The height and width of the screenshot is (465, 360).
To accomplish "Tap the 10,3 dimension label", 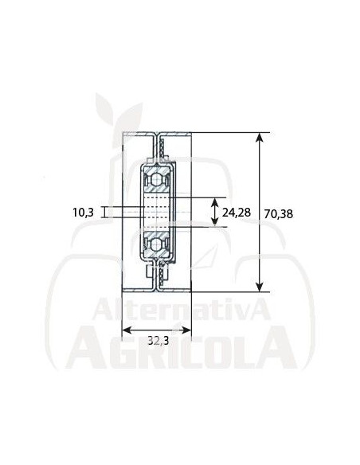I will [x=84, y=212].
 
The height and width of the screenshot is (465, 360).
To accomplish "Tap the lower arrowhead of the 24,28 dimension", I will [x=213, y=223].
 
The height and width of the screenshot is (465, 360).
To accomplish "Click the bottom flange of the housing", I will [x=156, y=288].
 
